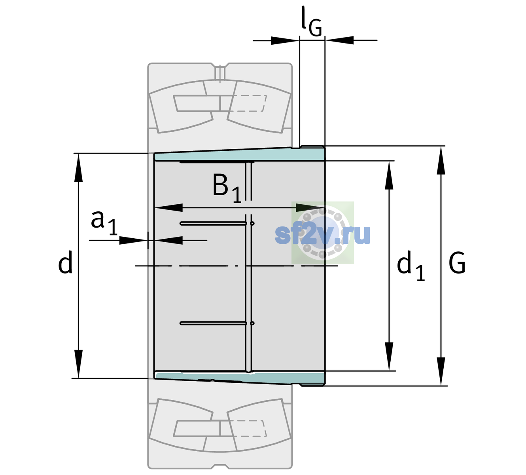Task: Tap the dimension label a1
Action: point(104,223)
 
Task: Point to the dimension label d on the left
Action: point(65,262)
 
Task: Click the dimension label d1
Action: point(411,266)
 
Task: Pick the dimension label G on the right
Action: point(457,263)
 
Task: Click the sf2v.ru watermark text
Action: point(323,234)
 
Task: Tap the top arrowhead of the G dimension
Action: point(441,160)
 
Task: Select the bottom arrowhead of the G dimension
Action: point(441,371)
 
